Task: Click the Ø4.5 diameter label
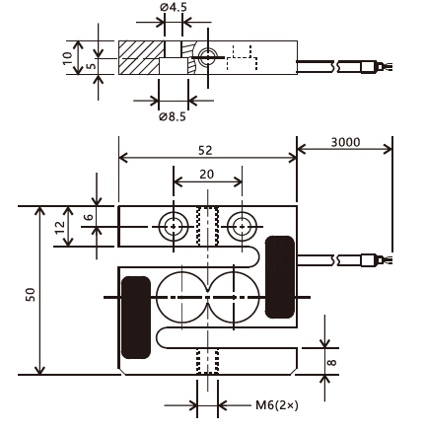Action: coord(174,7)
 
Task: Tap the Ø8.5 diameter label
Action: coord(173,116)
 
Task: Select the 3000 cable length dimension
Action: coord(345,142)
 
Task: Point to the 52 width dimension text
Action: coord(205,151)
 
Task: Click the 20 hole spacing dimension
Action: coord(207,175)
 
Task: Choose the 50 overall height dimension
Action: coord(31,295)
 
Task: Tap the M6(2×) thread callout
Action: coord(277,405)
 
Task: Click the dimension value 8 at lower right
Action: coord(332,362)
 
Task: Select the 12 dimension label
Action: coord(60,227)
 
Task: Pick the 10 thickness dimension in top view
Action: coord(68,58)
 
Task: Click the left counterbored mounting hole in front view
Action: coord(174,227)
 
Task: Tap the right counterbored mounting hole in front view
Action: coord(243,227)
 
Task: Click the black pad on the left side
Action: coord(136,318)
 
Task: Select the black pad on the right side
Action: coord(280,277)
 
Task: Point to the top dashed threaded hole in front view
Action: coord(207,226)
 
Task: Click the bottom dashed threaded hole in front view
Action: coord(207,361)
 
